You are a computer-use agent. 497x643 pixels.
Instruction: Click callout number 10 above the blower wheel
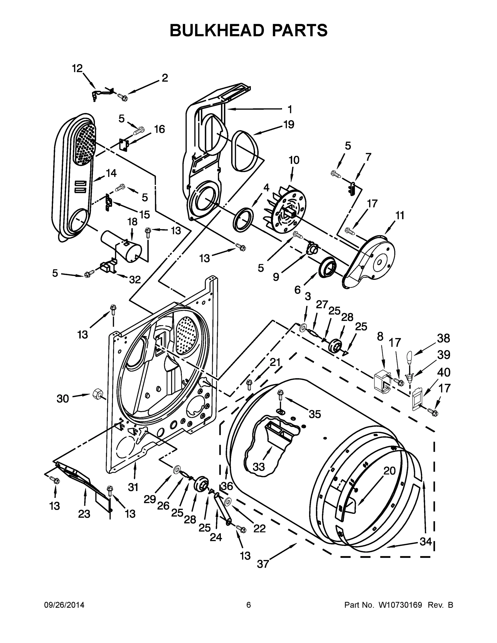294,160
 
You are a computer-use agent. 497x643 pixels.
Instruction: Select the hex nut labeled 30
97,393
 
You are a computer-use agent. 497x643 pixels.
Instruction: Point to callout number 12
77,69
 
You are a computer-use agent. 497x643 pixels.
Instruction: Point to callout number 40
443,372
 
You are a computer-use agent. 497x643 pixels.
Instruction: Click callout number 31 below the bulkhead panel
133,487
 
